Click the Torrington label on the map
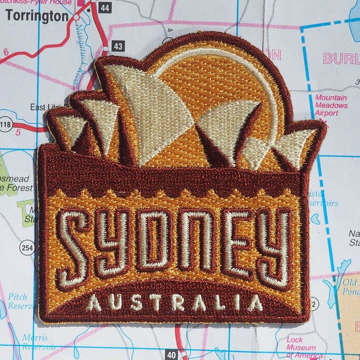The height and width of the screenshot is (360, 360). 36,15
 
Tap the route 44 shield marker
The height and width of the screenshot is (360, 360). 104,7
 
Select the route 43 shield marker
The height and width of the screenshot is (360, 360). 118,46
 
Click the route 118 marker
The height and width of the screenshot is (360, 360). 7,124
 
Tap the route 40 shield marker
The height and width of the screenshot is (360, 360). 171,354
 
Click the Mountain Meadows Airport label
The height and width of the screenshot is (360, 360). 331,105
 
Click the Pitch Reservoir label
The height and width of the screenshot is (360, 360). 20,301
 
